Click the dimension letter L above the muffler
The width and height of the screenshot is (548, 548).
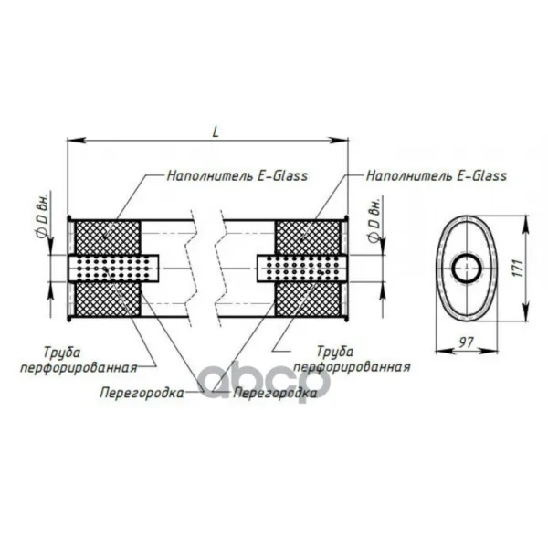tap(216, 132)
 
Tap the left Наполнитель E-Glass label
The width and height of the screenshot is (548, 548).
tap(237, 175)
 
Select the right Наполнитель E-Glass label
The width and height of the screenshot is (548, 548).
tap(437, 175)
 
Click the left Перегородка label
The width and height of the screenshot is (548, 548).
tap(142, 393)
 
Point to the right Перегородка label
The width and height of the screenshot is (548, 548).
tap(275, 393)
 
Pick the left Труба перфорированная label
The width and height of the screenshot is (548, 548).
tap(79, 360)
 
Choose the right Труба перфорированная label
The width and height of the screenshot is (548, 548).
tap(352, 359)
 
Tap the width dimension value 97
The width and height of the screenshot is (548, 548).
tap(466, 342)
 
